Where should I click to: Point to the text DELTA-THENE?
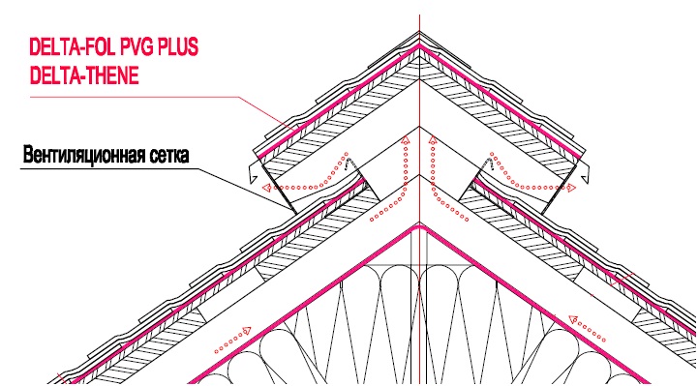pos(84,75)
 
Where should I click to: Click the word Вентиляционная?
pos(82,155)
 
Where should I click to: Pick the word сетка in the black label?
pos(167,155)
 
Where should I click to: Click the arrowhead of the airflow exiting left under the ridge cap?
pos(266,188)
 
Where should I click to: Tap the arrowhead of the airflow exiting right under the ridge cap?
pos(571,188)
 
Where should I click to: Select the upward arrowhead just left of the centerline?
pos(405,140)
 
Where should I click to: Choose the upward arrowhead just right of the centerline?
pos(432,140)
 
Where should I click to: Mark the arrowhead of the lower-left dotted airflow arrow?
pos(246,331)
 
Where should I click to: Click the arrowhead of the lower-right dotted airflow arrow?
pos(573,319)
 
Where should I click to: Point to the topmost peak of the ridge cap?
pos(419,32)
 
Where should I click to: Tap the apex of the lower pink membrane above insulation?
pos(419,227)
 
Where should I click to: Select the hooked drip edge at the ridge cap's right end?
pos(585,172)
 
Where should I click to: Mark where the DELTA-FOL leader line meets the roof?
pos(294,130)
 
